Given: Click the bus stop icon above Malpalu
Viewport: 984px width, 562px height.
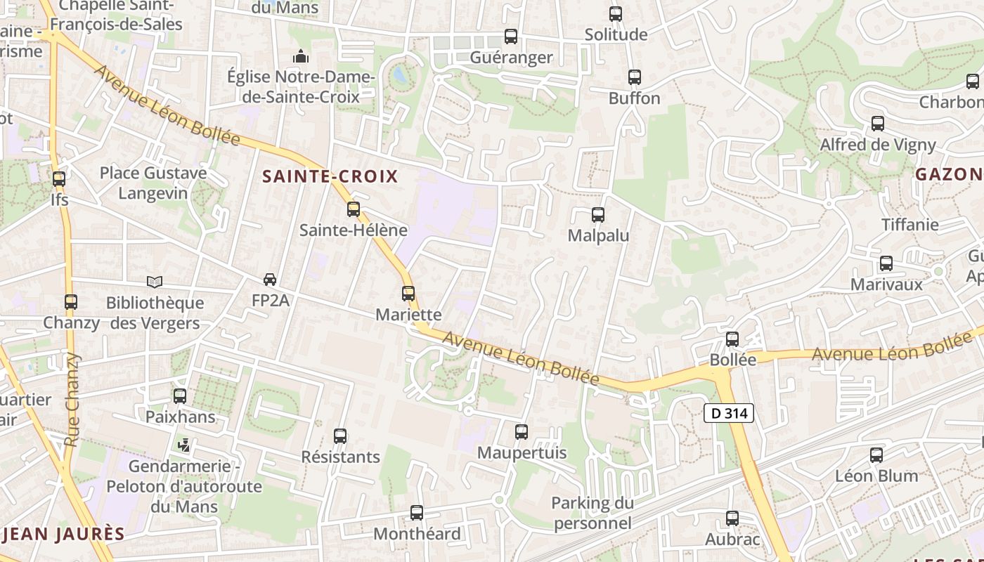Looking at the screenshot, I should coord(598,215).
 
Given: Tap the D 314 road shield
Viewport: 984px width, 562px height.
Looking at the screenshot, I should coord(729,413).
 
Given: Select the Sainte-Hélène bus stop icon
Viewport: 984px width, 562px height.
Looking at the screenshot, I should coord(354,209).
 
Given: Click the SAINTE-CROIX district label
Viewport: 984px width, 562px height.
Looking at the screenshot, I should coord(330,176).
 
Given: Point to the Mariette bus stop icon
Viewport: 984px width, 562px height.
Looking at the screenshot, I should coord(408,293).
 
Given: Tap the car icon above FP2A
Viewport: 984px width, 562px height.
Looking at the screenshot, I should coord(270,280).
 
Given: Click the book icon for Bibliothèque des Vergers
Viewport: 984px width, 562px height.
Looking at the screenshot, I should coord(155,282).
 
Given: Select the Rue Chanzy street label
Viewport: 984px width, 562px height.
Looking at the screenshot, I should coord(72,399).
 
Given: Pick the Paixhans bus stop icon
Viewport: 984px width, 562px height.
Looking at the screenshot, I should coord(180,396).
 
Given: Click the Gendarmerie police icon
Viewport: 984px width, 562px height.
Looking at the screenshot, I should coord(184,445).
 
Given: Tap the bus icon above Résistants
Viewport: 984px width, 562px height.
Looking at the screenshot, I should coord(340,436).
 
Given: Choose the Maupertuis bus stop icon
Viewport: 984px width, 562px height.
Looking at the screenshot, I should coord(522,431).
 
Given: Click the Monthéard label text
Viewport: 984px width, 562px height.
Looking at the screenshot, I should coord(417,534).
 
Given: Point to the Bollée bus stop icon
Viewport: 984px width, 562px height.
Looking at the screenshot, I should coord(732,339).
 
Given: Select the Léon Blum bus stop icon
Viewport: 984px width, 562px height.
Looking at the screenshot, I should coord(876,455).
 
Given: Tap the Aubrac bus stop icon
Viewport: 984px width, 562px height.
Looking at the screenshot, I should coord(732,518).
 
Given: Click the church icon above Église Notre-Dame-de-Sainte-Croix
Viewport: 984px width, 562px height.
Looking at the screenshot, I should coord(301,55).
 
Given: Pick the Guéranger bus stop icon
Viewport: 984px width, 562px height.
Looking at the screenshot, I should coord(511,36).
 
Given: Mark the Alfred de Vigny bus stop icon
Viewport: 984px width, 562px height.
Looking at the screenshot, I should coord(878,124).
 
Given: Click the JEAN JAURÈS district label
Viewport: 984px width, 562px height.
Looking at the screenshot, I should coord(63,534).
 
